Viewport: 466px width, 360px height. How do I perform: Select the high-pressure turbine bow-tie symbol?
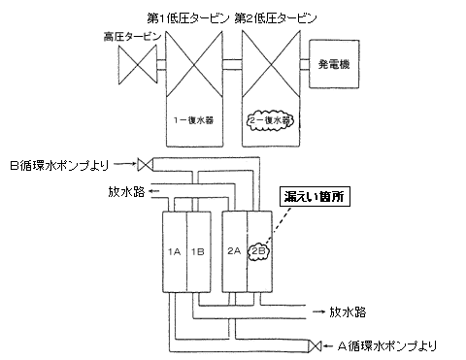135,66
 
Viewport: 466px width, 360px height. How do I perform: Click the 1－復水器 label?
193,120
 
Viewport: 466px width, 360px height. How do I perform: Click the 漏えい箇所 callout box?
313,197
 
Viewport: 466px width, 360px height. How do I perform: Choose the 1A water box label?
175,250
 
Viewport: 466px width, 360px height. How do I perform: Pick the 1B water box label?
197,250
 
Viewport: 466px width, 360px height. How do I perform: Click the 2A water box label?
234,250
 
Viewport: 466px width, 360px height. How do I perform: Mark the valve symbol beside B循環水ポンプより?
143,163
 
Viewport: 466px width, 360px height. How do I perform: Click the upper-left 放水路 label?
126,191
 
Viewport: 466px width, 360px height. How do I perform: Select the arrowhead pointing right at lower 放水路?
321,312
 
